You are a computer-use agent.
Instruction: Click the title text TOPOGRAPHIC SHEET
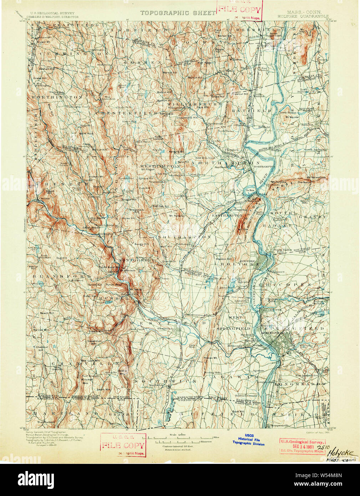click(178, 13)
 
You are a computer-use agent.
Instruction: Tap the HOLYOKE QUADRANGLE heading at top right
click(303, 16)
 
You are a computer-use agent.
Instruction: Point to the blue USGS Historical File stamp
click(249, 440)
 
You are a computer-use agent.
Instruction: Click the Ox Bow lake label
click(250, 190)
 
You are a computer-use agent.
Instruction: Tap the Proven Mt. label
click(211, 358)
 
